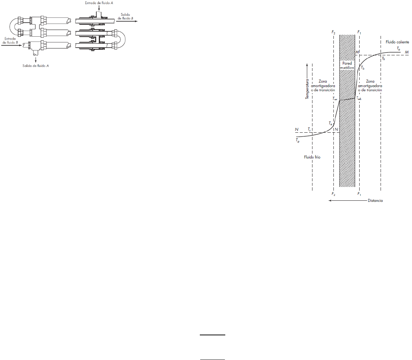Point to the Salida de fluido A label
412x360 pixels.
pos(36,65)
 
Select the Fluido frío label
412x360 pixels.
pos(312,157)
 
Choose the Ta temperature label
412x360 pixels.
pos(399,49)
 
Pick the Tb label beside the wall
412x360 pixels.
pos(363,68)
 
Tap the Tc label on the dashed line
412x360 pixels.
pos(309,129)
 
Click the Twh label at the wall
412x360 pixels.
pos(359,98)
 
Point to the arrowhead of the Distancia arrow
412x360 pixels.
pos(329,201)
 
